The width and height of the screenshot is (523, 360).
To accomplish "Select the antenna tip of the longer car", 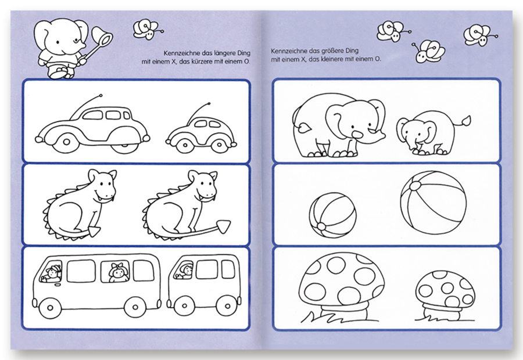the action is coord(101,95).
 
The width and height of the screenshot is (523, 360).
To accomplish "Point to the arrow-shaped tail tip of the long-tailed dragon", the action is coord(223,226).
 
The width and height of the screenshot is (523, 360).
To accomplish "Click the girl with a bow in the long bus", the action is coord(119,272).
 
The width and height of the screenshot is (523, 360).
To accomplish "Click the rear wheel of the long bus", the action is coord(135,307).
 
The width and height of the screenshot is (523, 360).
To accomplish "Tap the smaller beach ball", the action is coord(332,215).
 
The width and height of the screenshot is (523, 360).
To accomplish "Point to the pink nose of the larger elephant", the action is coord(357,134).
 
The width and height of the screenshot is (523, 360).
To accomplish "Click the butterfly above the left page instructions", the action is coord(146,30).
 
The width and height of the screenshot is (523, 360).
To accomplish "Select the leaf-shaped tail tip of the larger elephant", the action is coord(303,128).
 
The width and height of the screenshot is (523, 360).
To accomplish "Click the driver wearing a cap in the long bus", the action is coord(52,273).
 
